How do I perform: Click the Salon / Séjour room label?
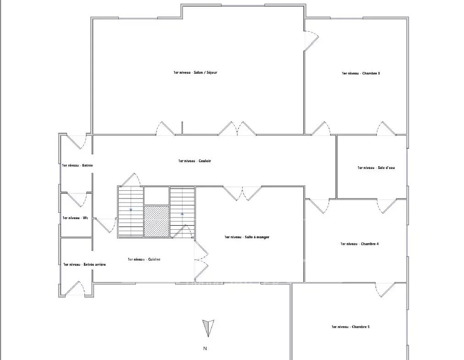[x=195, y=72]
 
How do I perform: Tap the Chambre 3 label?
[x=361, y=73]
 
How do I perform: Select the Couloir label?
[x=194, y=161]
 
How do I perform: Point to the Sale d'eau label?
[x=376, y=167]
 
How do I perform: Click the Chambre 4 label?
[x=359, y=244]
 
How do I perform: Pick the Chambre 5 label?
[x=350, y=327]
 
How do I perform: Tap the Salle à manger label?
[x=247, y=237]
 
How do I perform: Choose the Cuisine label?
[x=144, y=260]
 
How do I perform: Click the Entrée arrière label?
[x=84, y=264]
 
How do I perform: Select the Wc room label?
[x=75, y=218]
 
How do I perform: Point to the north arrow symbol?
[x=208, y=328]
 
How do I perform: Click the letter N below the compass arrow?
[x=205, y=349]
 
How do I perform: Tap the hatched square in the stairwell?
[x=156, y=221]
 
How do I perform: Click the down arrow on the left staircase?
[x=131, y=210]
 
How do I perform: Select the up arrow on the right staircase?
[x=182, y=213]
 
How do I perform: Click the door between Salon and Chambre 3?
[x=311, y=41]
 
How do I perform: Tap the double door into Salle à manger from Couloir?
[x=242, y=193]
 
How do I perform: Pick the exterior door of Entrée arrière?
[x=75, y=288]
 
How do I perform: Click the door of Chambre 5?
[x=386, y=289]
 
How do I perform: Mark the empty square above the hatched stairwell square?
[x=156, y=196]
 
